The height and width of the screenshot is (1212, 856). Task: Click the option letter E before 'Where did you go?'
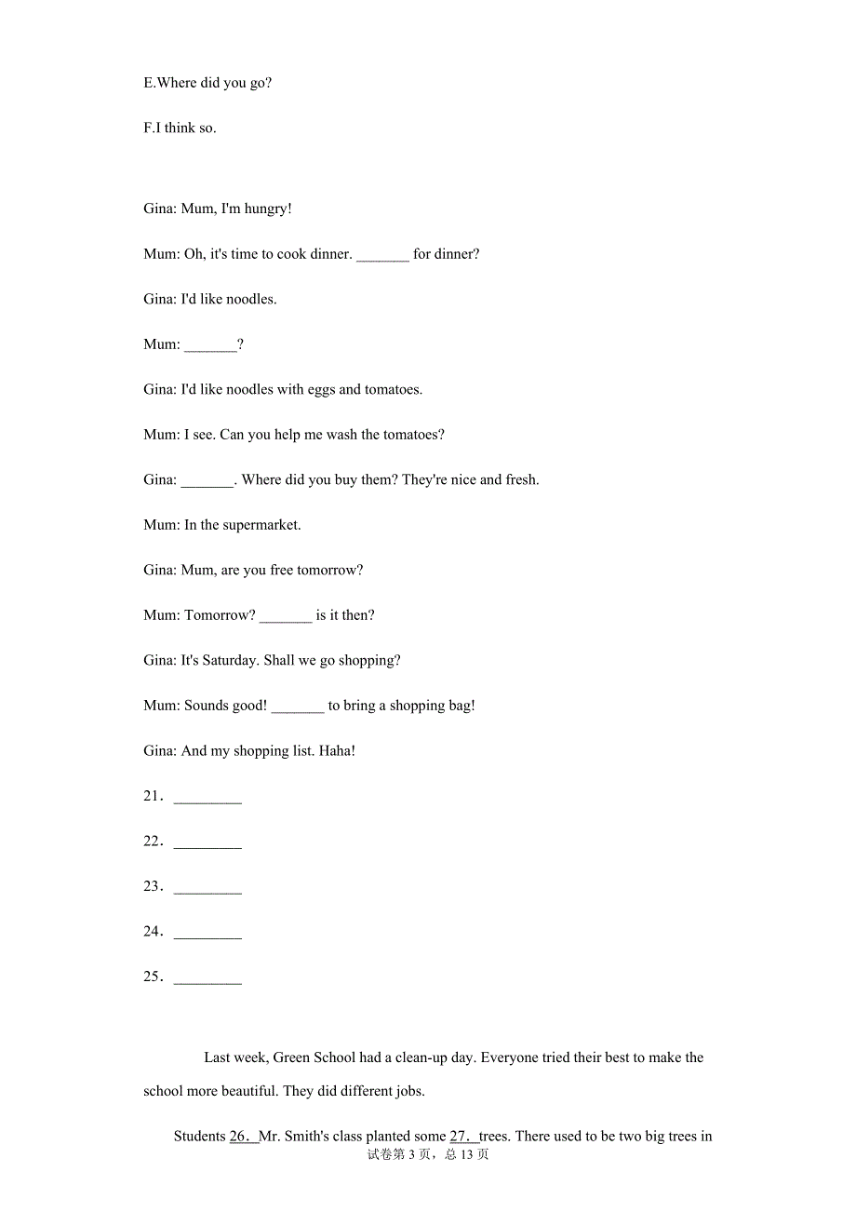pyautogui.click(x=149, y=83)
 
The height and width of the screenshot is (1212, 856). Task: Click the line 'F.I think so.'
pyautogui.click(x=180, y=128)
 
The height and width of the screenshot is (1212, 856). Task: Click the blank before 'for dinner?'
pyautogui.click(x=382, y=254)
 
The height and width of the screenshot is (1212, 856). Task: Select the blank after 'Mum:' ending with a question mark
pyautogui.click(x=210, y=344)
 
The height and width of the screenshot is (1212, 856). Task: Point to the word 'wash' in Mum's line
pyautogui.click(x=341, y=435)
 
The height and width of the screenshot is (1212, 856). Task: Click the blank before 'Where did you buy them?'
pyautogui.click(x=207, y=480)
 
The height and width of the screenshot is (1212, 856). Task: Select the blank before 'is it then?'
pyautogui.click(x=286, y=615)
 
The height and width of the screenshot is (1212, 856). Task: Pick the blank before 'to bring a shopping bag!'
pyautogui.click(x=298, y=706)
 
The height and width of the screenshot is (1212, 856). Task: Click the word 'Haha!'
pyautogui.click(x=337, y=750)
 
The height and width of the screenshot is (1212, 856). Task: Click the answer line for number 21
pyautogui.click(x=207, y=797)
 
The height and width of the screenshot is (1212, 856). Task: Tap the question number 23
pyautogui.click(x=153, y=886)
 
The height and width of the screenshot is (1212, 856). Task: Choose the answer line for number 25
pyautogui.click(x=207, y=977)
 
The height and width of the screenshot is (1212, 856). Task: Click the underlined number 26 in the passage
pyautogui.click(x=242, y=1136)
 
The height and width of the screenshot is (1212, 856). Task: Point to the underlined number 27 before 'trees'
pyautogui.click(x=462, y=1136)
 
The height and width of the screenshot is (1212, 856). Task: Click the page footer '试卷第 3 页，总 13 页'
pyautogui.click(x=428, y=1154)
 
